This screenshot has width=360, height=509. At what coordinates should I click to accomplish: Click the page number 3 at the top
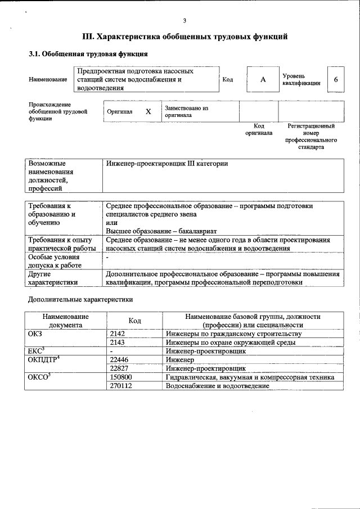pos(184,21)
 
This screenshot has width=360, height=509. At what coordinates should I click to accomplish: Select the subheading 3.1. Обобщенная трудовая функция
pos(88,55)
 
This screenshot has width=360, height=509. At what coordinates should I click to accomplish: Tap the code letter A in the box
pos(263,80)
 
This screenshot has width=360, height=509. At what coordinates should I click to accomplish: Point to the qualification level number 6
pos(336,80)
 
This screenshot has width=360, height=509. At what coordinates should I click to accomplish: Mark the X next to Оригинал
pos(148,111)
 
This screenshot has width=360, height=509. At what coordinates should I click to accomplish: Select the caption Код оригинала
pos(259,130)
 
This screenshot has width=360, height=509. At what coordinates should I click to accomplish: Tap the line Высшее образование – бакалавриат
pos(161,231)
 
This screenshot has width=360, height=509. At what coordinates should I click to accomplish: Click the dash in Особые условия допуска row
pos(107,256)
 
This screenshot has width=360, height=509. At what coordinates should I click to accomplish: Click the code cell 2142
pos(118,334)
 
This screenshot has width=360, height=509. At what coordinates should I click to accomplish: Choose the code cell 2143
pos(118,342)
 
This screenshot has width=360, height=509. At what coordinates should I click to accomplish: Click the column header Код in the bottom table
pos(134,321)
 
